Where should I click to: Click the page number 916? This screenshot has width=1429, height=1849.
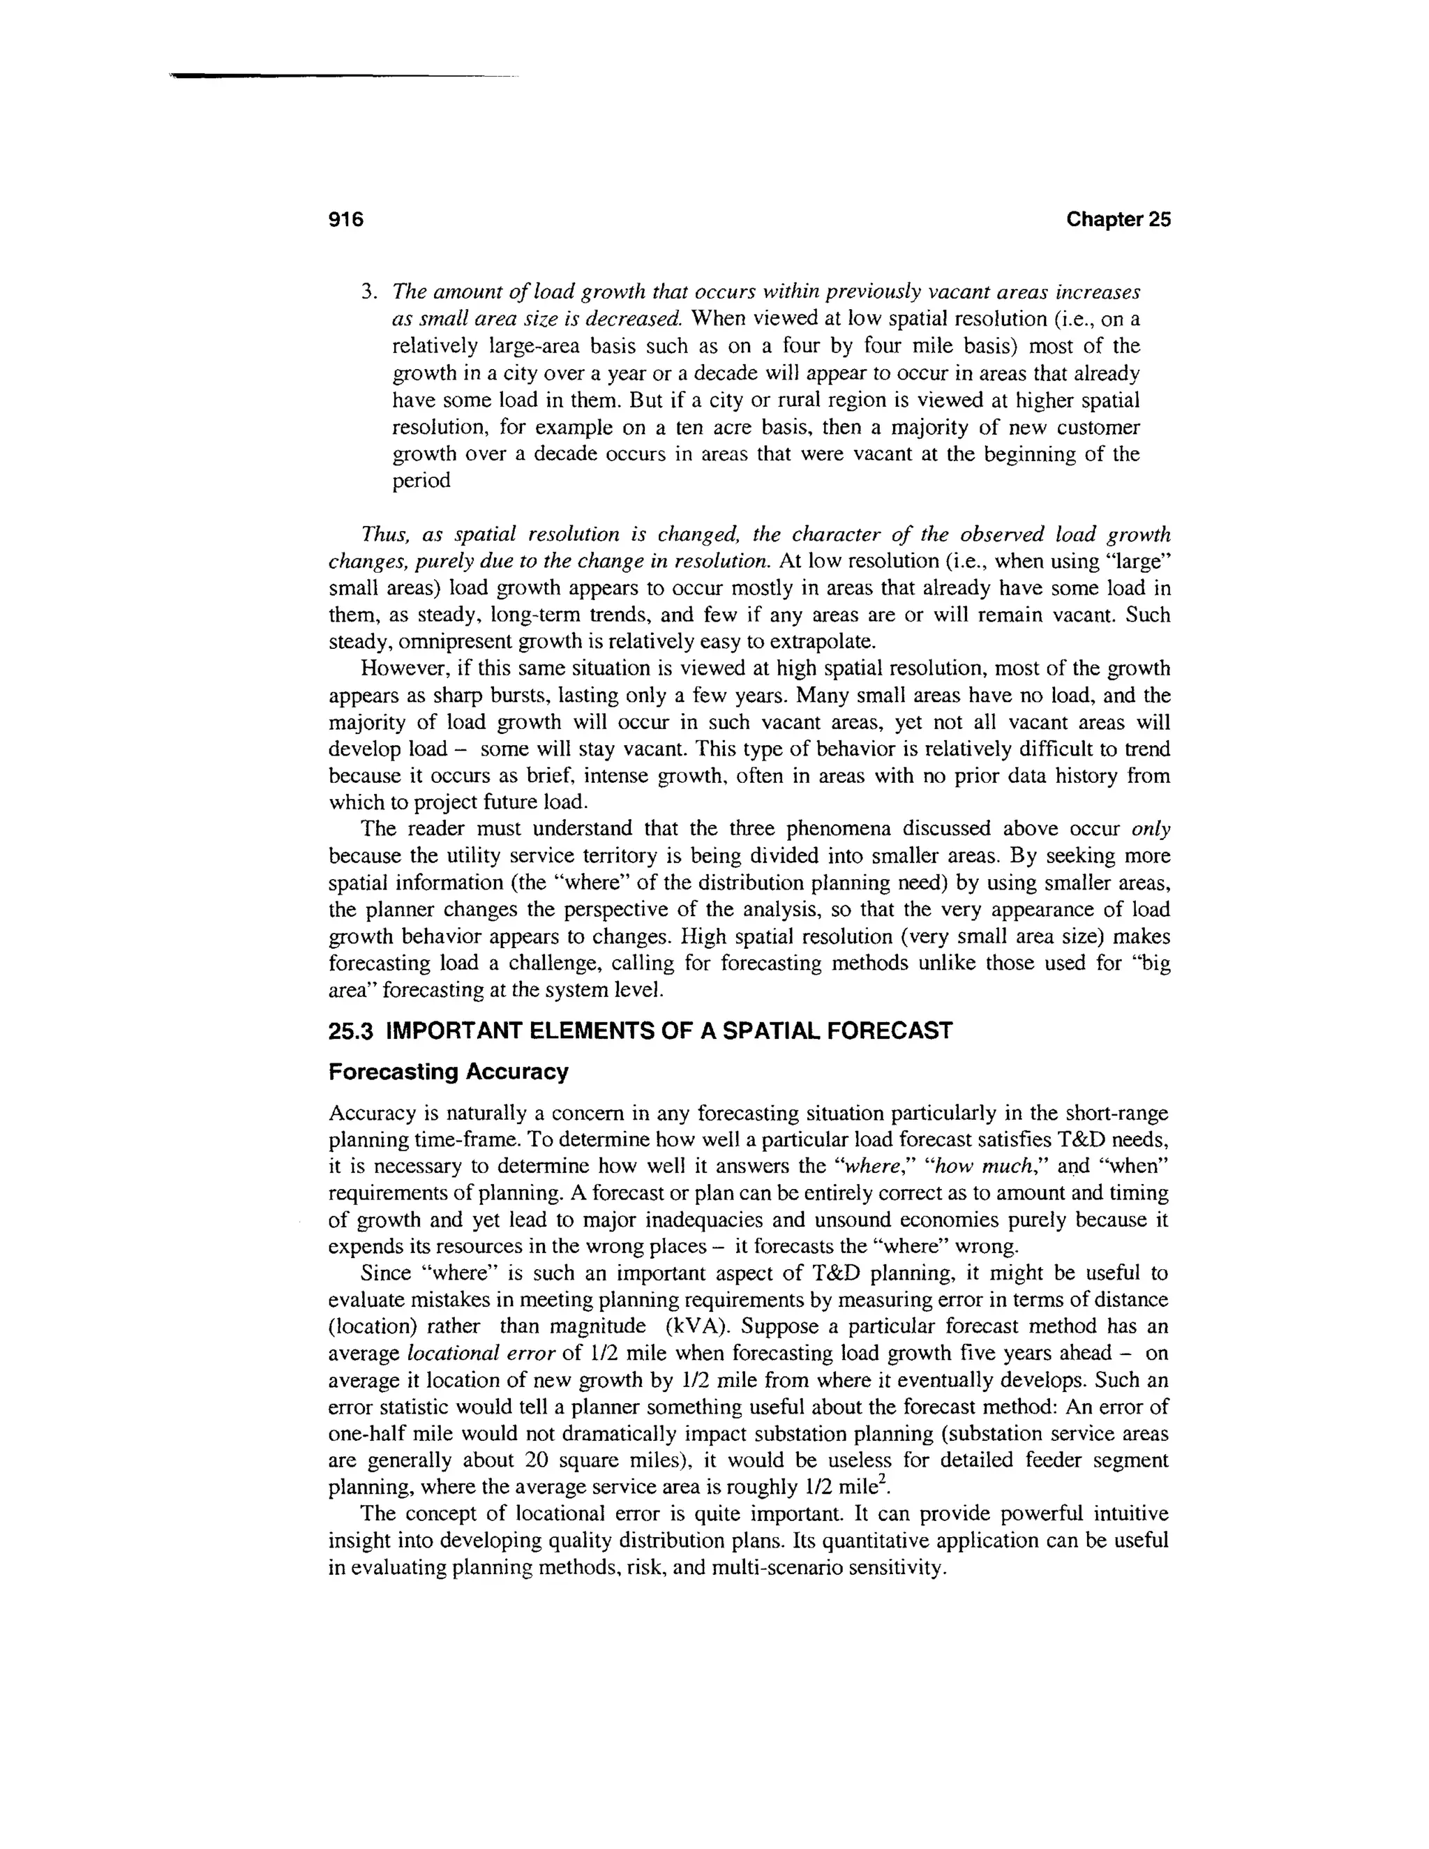pyautogui.click(x=345, y=220)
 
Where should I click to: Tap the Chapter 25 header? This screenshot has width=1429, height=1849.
pyautogui.click(x=1118, y=220)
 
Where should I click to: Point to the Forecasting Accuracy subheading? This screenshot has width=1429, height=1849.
pyautogui.click(x=448, y=1072)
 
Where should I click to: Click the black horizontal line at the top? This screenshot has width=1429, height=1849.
pyautogui.click(x=338, y=77)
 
